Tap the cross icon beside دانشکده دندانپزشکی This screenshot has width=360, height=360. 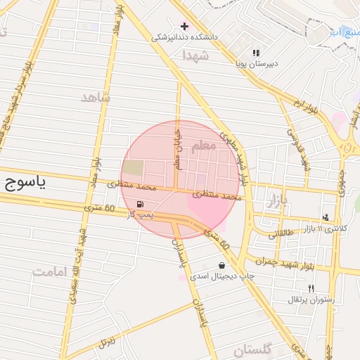(184, 26)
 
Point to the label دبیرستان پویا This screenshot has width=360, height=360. (257, 63)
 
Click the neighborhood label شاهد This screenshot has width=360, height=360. (96, 98)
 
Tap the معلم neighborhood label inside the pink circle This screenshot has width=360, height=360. (204, 146)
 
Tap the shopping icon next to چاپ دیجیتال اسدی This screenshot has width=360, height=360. (222, 265)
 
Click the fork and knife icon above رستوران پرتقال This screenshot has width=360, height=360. (311, 288)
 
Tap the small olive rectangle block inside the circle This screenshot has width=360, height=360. (132, 169)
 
